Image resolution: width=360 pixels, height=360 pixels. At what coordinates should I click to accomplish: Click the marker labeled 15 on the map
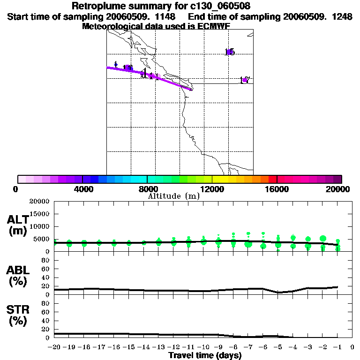point(230,52)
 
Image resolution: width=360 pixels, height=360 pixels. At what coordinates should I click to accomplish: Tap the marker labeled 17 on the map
point(244,80)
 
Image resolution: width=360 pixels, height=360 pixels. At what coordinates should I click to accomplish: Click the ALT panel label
point(17,219)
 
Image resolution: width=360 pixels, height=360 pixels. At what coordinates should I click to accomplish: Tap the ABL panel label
point(17,270)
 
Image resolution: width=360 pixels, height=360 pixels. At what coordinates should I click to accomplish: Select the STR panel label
point(17,310)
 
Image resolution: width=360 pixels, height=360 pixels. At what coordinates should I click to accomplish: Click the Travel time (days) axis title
point(205,355)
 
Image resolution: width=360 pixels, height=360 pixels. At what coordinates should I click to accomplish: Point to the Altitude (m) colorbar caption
point(173,196)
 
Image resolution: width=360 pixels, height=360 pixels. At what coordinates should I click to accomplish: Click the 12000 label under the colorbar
point(212,189)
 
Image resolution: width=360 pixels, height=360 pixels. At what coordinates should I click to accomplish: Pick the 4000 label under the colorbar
point(82,189)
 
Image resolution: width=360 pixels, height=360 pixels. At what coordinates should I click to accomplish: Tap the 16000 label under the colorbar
point(277,189)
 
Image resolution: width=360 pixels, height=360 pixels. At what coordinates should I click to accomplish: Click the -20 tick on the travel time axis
point(54,347)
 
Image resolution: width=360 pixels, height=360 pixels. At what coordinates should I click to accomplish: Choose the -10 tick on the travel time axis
point(203,347)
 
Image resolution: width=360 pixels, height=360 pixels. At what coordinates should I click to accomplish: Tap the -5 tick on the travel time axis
point(277,347)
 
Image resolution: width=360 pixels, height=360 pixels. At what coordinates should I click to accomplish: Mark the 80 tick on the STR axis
point(46,303)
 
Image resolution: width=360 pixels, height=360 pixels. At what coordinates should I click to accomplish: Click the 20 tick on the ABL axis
point(46,286)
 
